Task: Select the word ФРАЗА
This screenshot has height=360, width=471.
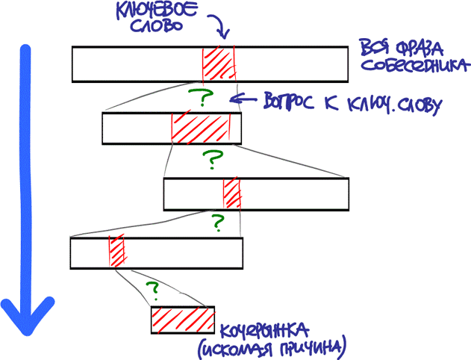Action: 414,48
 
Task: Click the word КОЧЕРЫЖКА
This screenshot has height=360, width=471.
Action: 265,329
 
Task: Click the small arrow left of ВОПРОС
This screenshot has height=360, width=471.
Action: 241,99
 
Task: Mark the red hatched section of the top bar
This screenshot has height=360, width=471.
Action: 218,63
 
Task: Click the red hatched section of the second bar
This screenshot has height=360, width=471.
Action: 197,128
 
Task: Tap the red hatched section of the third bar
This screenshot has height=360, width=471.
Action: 232,193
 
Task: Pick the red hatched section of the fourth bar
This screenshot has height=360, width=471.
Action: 116,252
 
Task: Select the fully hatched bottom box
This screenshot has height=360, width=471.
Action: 183,320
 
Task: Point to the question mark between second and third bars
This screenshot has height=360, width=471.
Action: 213,159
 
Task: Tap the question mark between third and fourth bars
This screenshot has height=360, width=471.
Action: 217,223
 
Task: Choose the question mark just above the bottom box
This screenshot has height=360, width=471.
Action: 154,288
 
